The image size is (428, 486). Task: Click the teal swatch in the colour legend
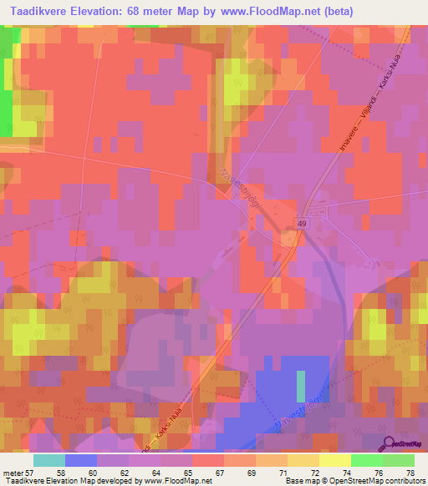click(x=49, y=460)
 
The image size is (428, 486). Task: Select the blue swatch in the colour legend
click(x=81, y=460)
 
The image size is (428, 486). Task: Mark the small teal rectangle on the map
click(x=301, y=386)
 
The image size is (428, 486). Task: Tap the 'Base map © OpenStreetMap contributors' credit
click(x=355, y=481)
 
